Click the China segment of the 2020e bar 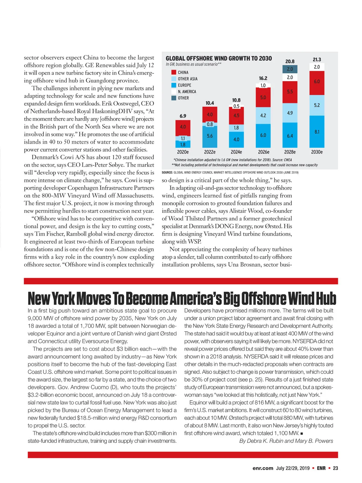click(x=183, y=127)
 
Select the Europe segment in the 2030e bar click(x=317, y=132)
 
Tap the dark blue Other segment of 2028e click(x=290, y=69)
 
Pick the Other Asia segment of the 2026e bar click(x=263, y=115)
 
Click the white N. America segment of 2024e click(x=236, y=106)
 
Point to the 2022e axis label click(x=210, y=152)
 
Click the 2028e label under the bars click(x=290, y=152)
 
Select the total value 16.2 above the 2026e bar click(x=263, y=78)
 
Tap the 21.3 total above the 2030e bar click(x=317, y=60)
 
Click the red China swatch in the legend click(x=174, y=72)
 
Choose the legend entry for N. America click(x=187, y=91)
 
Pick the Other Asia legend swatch click(x=174, y=79)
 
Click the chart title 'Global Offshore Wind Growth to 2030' click(x=219, y=59)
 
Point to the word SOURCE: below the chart click(x=167, y=173)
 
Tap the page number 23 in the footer click(x=335, y=468)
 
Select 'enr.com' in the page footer click(x=263, y=468)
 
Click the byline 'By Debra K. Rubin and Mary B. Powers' click(x=286, y=441)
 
